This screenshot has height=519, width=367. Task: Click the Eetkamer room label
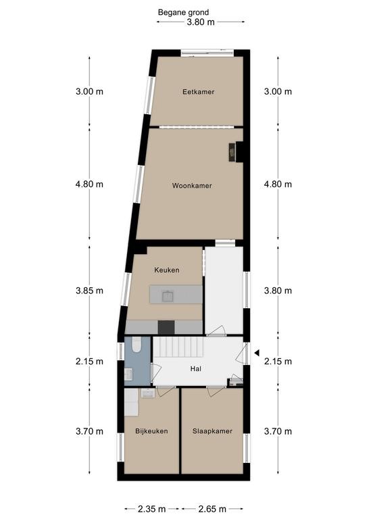(x=198, y=92)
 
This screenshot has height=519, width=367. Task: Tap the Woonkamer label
(x=192, y=186)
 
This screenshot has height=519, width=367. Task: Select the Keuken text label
(x=167, y=270)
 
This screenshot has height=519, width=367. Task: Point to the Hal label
(x=195, y=369)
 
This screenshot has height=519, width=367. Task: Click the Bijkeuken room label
(x=151, y=431)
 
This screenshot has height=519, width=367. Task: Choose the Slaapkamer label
(x=212, y=431)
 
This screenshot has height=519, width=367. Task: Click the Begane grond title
(x=183, y=13)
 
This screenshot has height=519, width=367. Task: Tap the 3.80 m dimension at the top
(x=201, y=22)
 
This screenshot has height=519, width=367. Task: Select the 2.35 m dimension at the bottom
(x=152, y=509)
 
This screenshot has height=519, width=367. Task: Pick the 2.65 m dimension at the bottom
(x=212, y=509)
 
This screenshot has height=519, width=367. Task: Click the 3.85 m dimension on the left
(x=89, y=291)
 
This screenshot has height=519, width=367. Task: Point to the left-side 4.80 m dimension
(x=89, y=184)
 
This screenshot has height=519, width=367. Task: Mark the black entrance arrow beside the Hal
(x=257, y=353)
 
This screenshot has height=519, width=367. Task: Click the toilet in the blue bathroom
(x=136, y=345)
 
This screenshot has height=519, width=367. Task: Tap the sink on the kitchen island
(x=168, y=296)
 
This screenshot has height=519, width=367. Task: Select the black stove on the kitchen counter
(x=166, y=327)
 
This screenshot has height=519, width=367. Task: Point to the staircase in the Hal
(x=178, y=347)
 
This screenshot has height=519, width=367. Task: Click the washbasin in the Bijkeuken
(x=147, y=393)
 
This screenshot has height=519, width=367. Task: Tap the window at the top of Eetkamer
(x=207, y=53)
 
